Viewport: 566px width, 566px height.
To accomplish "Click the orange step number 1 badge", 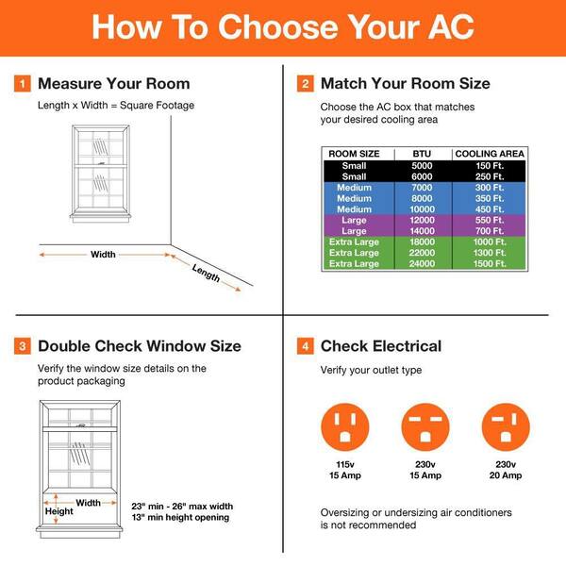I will (x=23, y=84).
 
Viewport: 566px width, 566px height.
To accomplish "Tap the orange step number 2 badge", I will (x=306, y=84).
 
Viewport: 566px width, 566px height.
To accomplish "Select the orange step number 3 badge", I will (x=23, y=346).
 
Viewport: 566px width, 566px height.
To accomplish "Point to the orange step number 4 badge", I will (x=306, y=346).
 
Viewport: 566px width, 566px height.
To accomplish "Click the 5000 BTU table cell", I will (x=422, y=166).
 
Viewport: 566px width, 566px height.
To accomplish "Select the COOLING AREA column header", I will (x=490, y=154).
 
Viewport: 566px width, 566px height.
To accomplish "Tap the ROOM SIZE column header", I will (x=354, y=154).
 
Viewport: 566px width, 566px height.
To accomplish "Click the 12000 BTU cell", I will (x=422, y=220).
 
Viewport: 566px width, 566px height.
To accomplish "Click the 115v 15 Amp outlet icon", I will (x=345, y=425).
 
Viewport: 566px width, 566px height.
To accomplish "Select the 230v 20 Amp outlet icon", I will (x=506, y=425).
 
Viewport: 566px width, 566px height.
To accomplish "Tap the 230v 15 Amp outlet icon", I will (x=425, y=425).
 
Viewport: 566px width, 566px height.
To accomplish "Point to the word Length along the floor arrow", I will (x=206, y=273).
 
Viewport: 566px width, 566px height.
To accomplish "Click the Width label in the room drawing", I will (x=103, y=255).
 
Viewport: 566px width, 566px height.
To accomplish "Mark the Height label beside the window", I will (x=59, y=512).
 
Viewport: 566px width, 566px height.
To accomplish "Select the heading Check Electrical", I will (x=381, y=346).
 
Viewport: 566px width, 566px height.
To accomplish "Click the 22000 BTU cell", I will (x=422, y=253).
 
